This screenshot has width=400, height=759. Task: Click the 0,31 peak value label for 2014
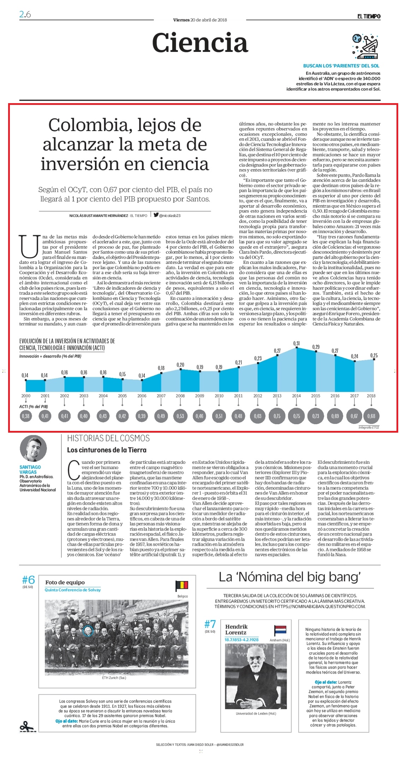(x=296, y=343)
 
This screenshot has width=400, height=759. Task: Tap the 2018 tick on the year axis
(x=371, y=396)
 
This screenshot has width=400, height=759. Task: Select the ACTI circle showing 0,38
(x=26, y=416)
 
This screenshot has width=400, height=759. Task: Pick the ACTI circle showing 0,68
(x=371, y=416)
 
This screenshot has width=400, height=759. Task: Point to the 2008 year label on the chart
(x=180, y=396)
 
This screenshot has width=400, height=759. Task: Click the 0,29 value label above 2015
(x=316, y=347)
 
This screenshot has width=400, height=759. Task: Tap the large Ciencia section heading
(x=200, y=43)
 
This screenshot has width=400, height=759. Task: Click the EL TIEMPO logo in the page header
(x=369, y=16)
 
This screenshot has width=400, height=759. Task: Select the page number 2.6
(x=25, y=14)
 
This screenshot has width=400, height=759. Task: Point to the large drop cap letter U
(x=29, y=246)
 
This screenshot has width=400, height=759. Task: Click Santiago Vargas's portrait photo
(x=33, y=449)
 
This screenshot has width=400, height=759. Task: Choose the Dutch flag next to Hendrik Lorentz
(x=280, y=630)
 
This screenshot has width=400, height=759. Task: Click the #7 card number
(x=210, y=624)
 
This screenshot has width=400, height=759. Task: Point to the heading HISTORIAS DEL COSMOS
(x=108, y=438)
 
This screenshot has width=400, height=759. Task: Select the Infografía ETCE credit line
(x=369, y=427)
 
